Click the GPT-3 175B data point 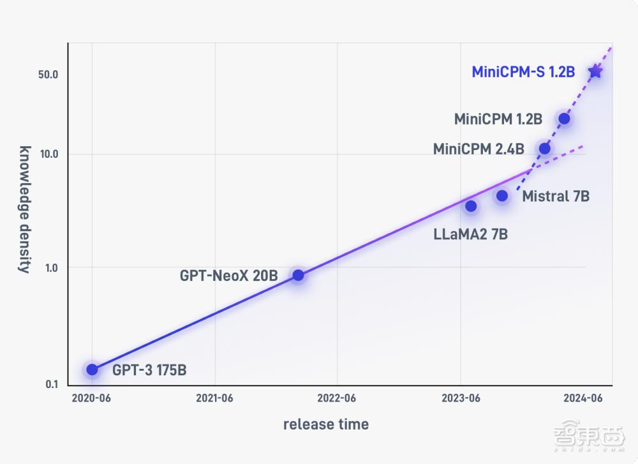click(92, 370)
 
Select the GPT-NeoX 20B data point click(298, 275)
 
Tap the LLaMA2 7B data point click(471, 206)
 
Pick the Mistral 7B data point click(502, 196)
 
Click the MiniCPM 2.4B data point click(544, 149)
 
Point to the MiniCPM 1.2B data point click(564, 118)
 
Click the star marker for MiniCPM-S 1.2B click(595, 71)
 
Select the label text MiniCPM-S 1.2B click(523, 72)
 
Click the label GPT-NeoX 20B click(229, 276)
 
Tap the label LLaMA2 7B click(471, 234)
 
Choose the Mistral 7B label click(556, 197)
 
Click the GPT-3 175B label click(149, 370)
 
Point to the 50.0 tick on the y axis click(48, 75)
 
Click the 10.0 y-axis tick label click(48, 154)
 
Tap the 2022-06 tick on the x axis click(337, 398)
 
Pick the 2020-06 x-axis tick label click(92, 398)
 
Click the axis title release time click(326, 424)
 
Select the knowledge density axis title click(24, 209)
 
